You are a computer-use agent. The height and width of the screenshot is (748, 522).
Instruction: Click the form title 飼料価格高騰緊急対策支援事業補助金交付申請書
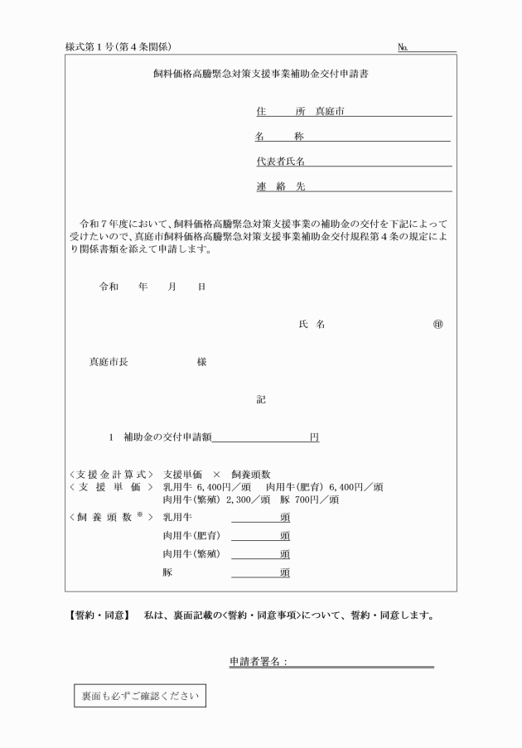coord(260,73)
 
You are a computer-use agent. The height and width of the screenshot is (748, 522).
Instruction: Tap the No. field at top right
coord(434,46)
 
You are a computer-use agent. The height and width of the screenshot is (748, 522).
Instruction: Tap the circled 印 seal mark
coord(437,325)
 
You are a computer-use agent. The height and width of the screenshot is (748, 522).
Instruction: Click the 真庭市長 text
coord(109,362)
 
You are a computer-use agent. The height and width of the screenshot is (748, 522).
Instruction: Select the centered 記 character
coord(261,399)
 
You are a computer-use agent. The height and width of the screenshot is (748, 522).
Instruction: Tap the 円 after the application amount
coord(315,437)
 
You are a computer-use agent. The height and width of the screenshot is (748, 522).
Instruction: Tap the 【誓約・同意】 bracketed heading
coord(98,616)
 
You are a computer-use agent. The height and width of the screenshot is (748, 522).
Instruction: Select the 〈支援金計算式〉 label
coord(110,473)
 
